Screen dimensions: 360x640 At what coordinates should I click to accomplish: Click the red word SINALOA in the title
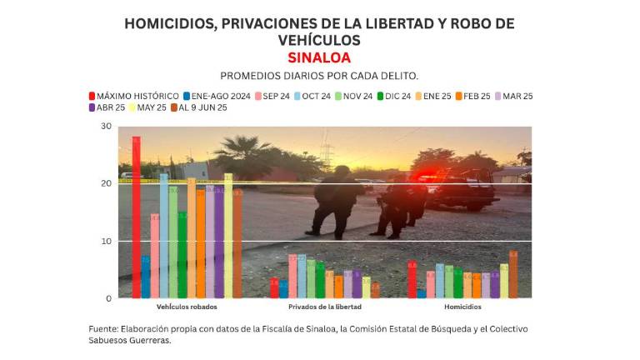coord(319,57)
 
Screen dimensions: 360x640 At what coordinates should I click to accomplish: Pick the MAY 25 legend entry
coord(147,107)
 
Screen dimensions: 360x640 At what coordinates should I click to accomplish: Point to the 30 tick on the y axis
coord(105,126)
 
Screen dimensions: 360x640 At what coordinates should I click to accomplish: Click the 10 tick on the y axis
coord(105,241)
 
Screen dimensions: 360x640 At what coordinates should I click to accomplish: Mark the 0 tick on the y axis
coord(108,297)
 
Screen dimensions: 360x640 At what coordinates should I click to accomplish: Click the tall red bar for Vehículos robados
coord(136,217)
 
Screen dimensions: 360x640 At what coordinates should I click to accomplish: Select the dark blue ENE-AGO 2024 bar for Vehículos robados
coord(146,277)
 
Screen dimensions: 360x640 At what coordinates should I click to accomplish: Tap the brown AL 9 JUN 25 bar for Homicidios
coord(513,274)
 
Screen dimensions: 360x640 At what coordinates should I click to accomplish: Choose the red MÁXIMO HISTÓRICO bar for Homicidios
coord(412,279)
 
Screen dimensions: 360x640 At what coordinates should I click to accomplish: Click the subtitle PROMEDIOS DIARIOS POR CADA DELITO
coord(319,76)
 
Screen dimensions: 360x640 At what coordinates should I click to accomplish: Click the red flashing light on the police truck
coord(431,176)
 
